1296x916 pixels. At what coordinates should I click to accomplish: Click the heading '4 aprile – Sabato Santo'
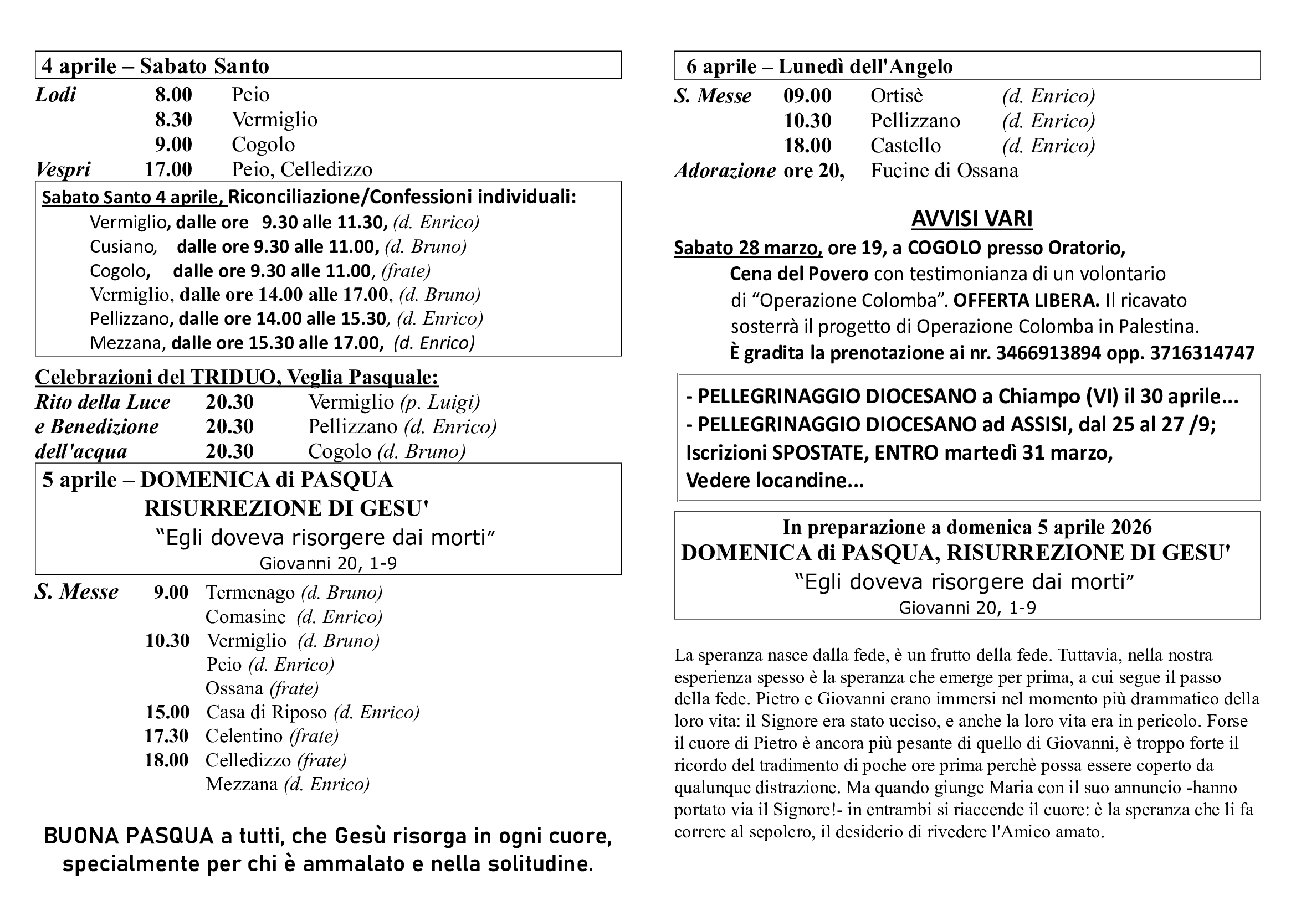155,66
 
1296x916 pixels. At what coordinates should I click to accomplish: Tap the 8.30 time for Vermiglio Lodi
173,120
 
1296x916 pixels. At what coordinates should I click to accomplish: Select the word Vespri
63,169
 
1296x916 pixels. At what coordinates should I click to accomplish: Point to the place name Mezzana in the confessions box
127,343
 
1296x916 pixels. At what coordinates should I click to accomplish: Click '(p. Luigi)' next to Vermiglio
440,402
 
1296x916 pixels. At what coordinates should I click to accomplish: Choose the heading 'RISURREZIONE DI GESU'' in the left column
286,508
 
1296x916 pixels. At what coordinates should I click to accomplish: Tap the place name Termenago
250,592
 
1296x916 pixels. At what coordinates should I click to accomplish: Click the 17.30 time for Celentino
167,736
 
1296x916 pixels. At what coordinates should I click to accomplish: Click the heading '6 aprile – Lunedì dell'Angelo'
819,66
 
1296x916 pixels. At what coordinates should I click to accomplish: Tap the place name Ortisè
897,96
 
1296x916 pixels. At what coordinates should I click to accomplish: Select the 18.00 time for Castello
807,146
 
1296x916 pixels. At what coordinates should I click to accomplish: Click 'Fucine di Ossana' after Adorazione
944,171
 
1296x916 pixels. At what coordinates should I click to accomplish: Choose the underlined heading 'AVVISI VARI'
971,218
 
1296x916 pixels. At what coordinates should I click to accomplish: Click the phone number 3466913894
1048,353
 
